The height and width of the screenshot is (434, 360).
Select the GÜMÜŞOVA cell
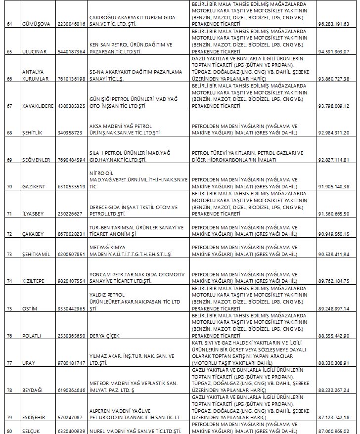36,24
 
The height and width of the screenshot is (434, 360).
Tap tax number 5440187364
71,51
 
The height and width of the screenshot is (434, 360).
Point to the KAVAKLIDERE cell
39,106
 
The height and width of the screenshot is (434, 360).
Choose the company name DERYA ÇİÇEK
105,336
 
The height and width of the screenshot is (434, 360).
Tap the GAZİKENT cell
34,186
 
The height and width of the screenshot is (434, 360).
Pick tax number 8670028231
71,234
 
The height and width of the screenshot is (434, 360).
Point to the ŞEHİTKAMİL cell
37,254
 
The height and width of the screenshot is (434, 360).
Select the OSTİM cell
30,308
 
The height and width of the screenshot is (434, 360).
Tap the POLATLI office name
33,336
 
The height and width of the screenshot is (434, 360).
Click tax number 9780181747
71,363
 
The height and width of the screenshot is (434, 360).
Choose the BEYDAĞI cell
33,390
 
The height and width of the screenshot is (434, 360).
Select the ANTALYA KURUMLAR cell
35,75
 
